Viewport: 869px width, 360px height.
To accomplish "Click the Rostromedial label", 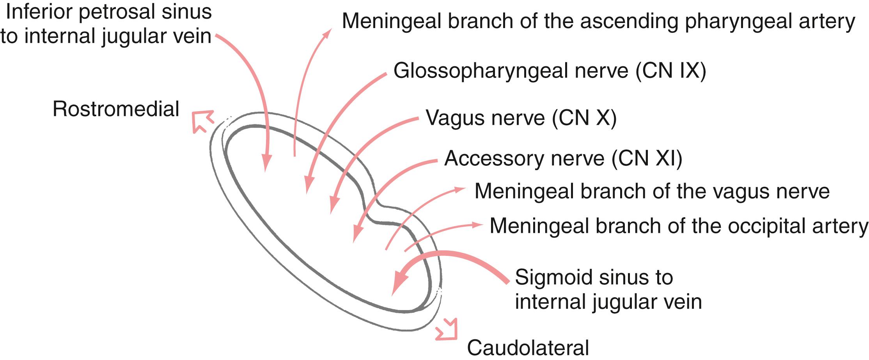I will [116, 109].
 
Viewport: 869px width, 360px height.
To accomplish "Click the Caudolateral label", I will [528, 348].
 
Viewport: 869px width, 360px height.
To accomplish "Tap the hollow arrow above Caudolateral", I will [447, 330].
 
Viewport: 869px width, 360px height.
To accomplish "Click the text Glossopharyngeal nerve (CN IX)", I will [550, 71].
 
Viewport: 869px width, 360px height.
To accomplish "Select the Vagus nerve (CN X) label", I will [521, 118].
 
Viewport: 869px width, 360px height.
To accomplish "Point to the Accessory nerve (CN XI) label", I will [563, 158].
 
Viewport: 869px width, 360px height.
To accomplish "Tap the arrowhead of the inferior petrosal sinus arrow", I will [266, 162].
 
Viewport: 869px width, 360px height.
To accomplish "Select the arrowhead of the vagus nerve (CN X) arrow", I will [333, 205].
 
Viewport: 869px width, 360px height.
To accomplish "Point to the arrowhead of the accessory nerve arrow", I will [356, 234].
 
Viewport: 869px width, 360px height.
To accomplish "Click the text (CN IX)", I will [670, 71].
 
